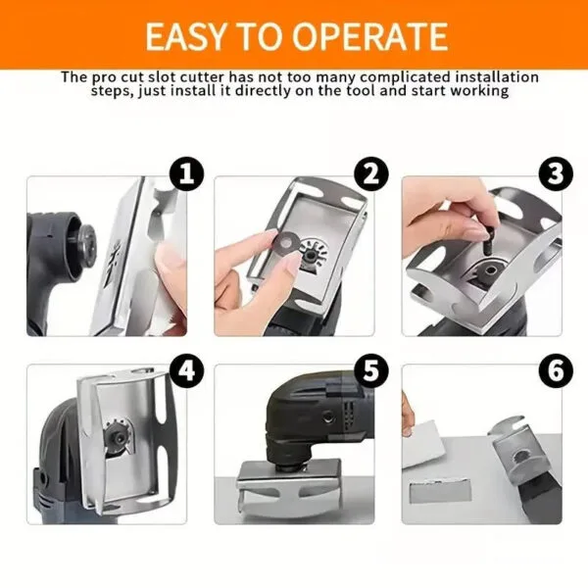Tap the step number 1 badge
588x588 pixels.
pyautogui.click(x=186, y=175)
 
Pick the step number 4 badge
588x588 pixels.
pyautogui.click(x=186, y=371)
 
